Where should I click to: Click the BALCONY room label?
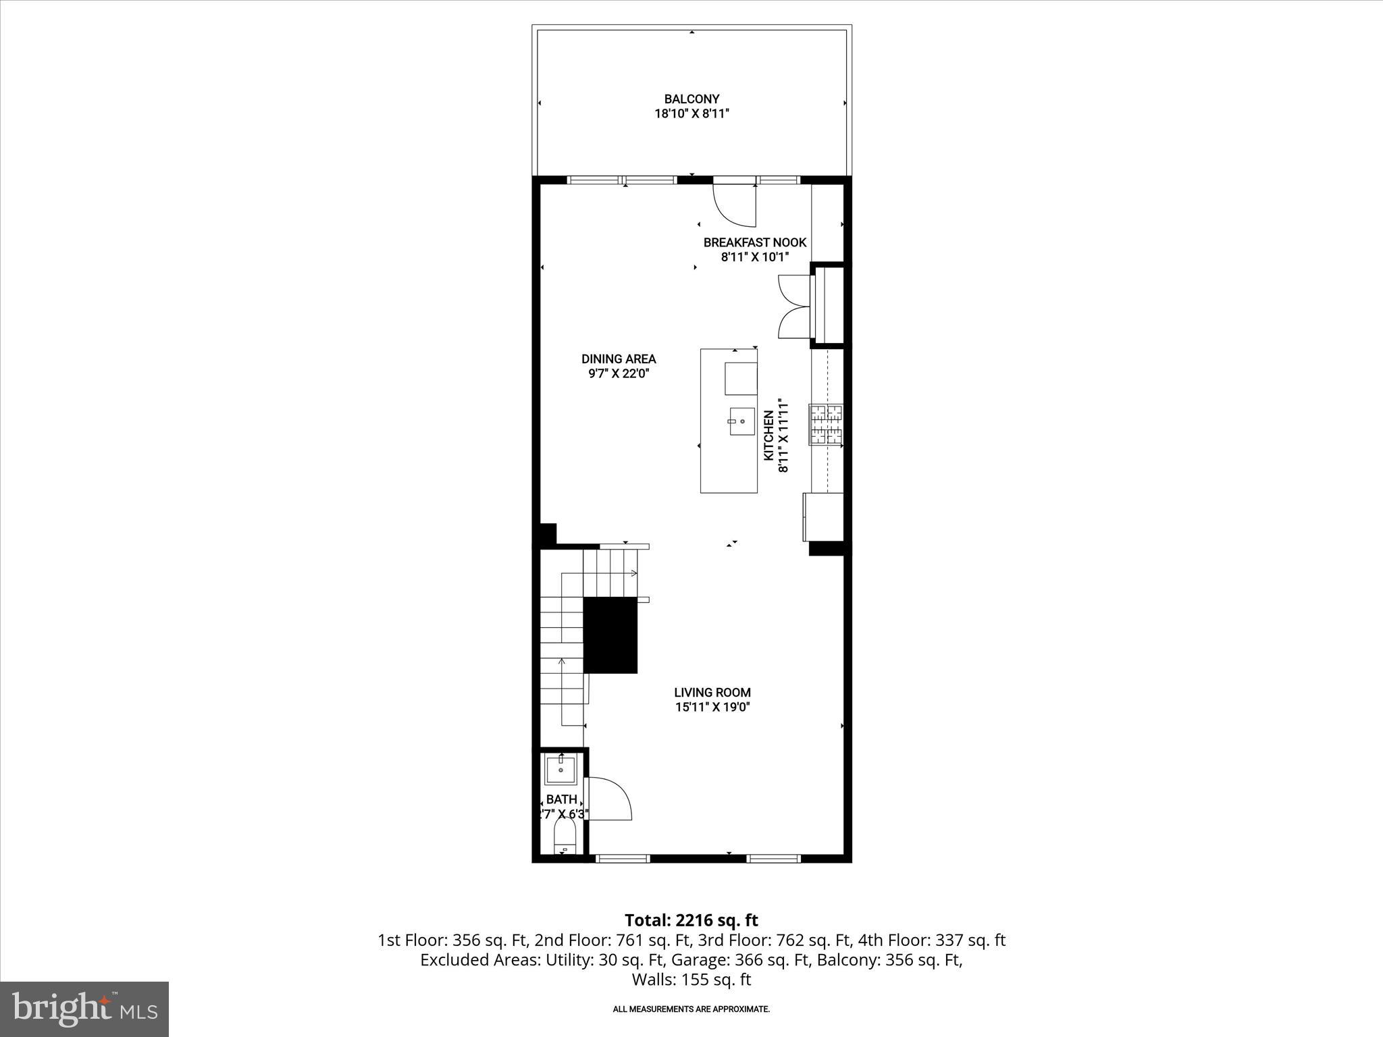pyautogui.click(x=691, y=99)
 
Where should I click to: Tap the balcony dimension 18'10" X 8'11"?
pyautogui.click(x=691, y=114)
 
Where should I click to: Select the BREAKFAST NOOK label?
pyautogui.click(x=754, y=242)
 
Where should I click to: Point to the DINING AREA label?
pyautogui.click(x=619, y=359)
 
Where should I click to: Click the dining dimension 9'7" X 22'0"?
pyautogui.click(x=619, y=373)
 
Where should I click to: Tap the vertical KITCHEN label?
pyautogui.click(x=768, y=435)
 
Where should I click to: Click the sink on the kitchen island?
pyautogui.click(x=741, y=421)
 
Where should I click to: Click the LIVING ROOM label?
pyautogui.click(x=712, y=692)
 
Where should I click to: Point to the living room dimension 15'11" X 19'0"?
pyautogui.click(x=712, y=707)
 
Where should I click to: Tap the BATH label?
pyautogui.click(x=561, y=799)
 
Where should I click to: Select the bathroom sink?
pyautogui.click(x=560, y=770)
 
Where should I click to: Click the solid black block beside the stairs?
pyautogui.click(x=610, y=635)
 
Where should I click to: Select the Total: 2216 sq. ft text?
pyautogui.click(x=691, y=920)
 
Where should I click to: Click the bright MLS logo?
pyautogui.click(x=84, y=1009)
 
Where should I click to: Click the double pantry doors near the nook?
pyautogui.click(x=794, y=307)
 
